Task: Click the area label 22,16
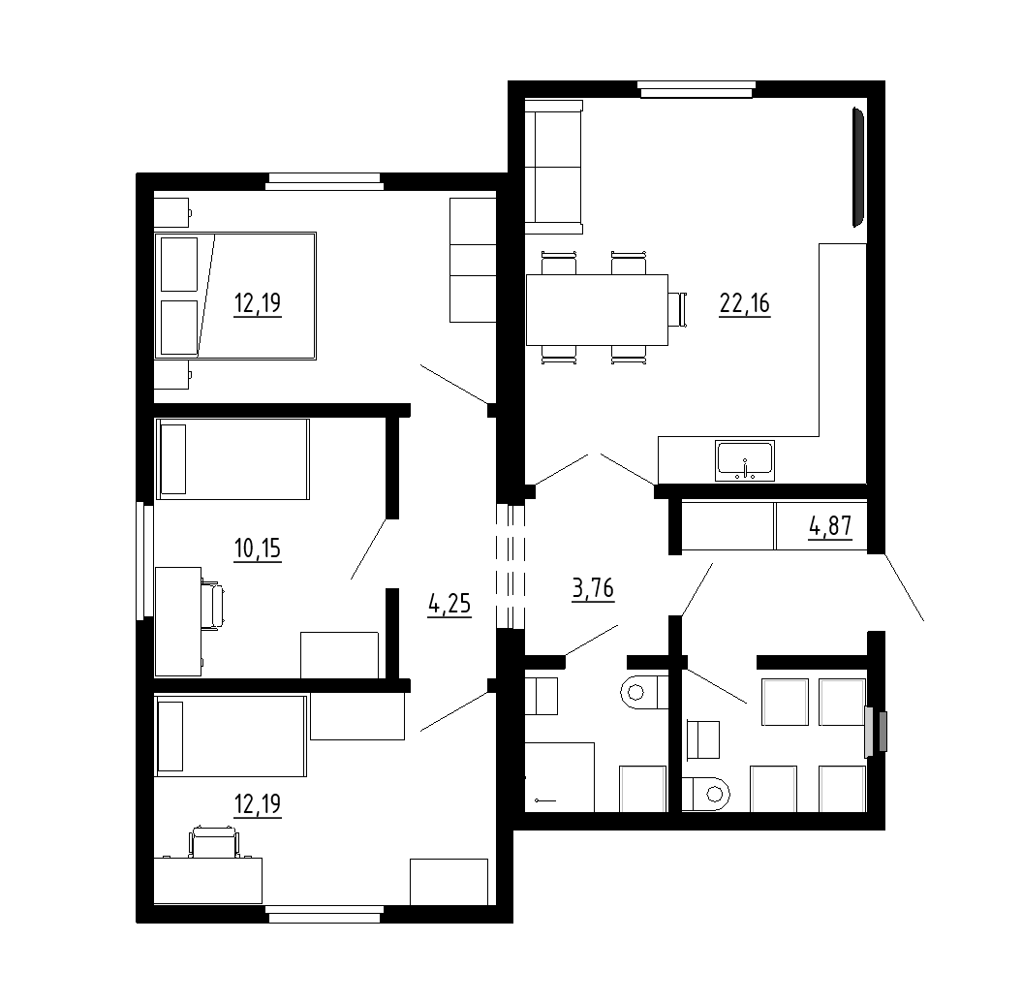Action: click(x=744, y=304)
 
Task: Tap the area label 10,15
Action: click(x=258, y=549)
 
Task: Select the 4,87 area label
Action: click(x=830, y=525)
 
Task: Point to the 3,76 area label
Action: click(x=593, y=588)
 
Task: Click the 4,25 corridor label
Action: click(x=449, y=604)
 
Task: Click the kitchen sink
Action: click(x=745, y=461)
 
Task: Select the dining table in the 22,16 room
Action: click(x=597, y=310)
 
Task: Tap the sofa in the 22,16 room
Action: click(x=553, y=167)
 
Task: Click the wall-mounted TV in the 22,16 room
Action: click(x=858, y=168)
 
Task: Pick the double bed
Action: click(x=235, y=297)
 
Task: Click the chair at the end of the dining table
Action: click(x=678, y=309)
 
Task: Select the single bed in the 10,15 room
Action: click(x=232, y=459)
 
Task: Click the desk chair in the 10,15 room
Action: click(x=212, y=605)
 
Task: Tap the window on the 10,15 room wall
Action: click(x=140, y=561)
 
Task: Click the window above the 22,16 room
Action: click(x=697, y=89)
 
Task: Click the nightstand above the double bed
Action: click(x=172, y=212)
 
